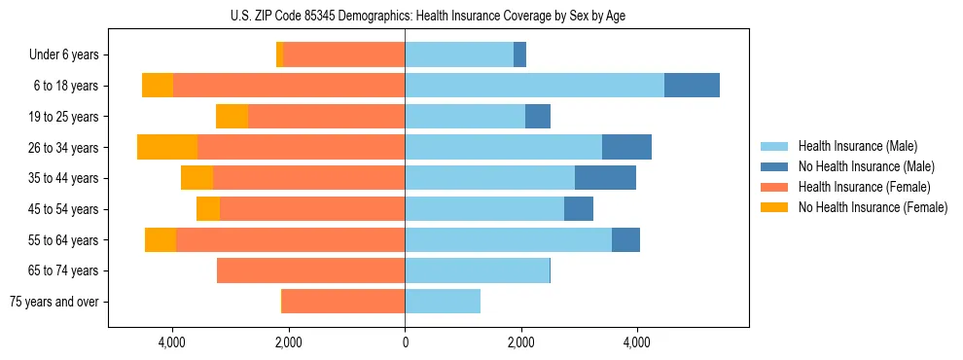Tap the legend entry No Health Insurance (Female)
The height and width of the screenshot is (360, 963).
(x=872, y=207)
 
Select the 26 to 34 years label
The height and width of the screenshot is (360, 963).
(x=64, y=148)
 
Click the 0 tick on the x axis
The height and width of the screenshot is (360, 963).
(x=405, y=342)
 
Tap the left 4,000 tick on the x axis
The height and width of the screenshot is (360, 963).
(x=172, y=342)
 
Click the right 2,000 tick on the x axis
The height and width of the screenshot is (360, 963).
(x=521, y=342)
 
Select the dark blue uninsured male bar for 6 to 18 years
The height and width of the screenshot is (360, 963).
(x=692, y=86)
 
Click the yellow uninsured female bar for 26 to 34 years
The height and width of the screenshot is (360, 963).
(x=167, y=147)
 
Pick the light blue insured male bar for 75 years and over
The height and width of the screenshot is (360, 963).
(x=443, y=302)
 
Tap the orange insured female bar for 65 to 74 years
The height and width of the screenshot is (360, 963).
(x=310, y=270)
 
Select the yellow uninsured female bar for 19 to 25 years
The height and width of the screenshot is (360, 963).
(x=232, y=117)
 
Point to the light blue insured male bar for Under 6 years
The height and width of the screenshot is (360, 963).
(x=459, y=55)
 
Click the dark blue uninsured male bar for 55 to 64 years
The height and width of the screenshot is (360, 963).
(x=625, y=239)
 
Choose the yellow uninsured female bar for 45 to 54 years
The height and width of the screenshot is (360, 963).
(x=208, y=209)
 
